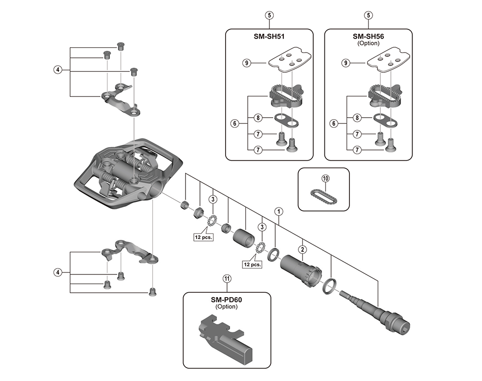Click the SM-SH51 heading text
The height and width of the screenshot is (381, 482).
coord(269,37)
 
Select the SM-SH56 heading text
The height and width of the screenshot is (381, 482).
coord(368,37)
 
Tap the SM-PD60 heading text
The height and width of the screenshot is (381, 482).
coord(227,299)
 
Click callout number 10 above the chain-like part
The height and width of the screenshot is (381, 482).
coord(325,178)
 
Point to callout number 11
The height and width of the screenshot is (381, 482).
coord(227,278)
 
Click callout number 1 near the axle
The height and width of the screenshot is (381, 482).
coord(278,211)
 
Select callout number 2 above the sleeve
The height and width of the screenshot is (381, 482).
coord(303,249)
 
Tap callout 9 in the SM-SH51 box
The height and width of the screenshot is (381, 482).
coord(246,62)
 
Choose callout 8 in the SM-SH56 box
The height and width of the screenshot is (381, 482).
coord(357,117)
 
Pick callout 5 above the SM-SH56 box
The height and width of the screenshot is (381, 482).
coord(368,15)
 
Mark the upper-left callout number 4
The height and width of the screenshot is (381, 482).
coord(57,69)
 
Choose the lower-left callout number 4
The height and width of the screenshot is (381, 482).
coord(57,272)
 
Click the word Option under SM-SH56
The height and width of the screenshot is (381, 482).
coord(368,43)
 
